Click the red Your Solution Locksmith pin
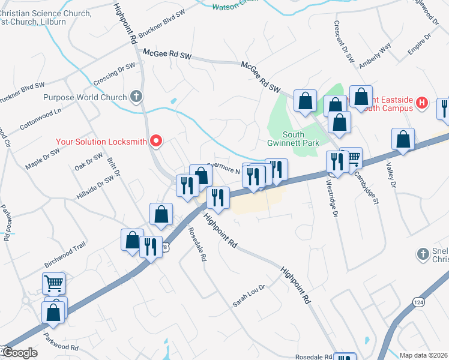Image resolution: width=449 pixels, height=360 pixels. coord(156,142)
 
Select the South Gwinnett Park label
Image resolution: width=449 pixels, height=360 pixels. coord(285,139)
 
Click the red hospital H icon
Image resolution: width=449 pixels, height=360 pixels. coord(422,103)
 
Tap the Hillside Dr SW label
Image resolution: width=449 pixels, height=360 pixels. coord(95,188)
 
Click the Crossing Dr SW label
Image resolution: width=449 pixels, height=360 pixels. coord(114,76)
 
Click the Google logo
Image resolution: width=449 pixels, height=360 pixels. coord(19,352)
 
